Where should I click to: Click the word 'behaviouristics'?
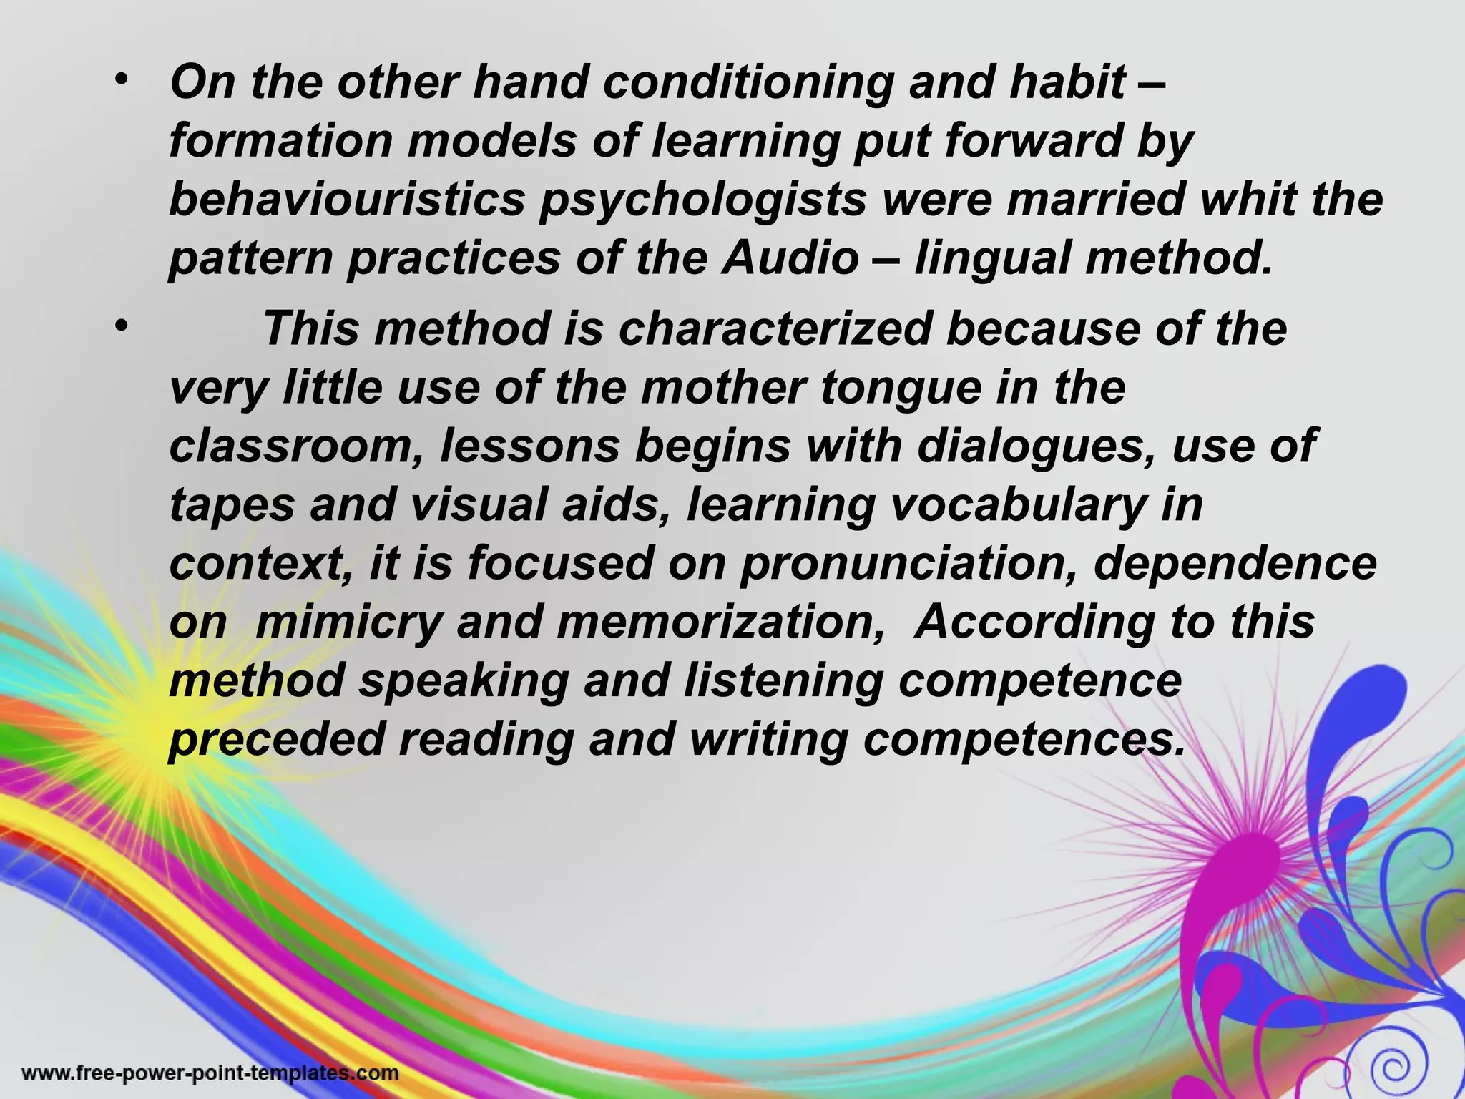tap(347, 199)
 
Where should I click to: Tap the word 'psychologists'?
tap(703, 200)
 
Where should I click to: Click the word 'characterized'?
tap(775, 328)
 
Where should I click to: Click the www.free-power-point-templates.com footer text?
tap(210, 1073)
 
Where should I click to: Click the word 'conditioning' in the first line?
tap(748, 83)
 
